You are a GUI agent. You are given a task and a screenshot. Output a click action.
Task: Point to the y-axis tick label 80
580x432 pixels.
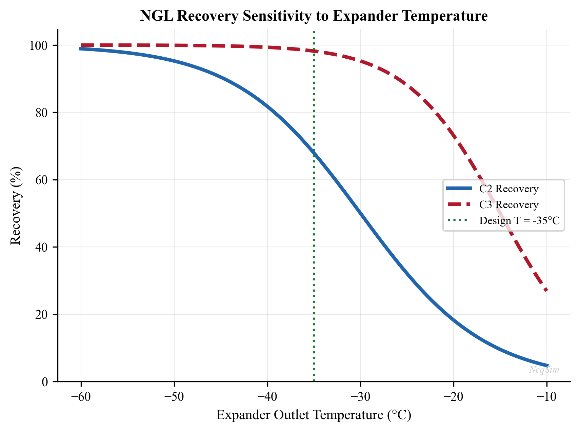click(x=42, y=113)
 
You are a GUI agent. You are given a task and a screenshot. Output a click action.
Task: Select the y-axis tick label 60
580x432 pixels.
click(x=42, y=180)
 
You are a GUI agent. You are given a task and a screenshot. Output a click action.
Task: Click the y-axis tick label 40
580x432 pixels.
click(x=42, y=247)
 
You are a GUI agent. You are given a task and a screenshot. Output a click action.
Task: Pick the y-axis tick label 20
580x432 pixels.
click(x=42, y=314)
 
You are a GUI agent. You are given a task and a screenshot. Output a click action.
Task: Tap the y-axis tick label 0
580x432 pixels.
click(x=45, y=382)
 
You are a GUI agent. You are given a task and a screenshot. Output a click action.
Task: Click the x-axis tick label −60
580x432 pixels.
click(x=81, y=396)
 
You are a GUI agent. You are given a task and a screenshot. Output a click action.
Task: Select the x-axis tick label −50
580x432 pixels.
click(x=174, y=396)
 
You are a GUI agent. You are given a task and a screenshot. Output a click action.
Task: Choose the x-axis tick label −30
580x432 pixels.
click(x=360, y=396)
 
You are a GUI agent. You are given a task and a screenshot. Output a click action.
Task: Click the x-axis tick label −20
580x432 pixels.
click(x=454, y=396)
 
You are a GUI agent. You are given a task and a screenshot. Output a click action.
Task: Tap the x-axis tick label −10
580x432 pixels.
click(x=546, y=396)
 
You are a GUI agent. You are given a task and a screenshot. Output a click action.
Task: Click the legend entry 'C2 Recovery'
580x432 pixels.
click(x=508, y=189)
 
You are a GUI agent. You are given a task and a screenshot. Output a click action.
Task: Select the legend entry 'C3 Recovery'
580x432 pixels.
click(x=508, y=205)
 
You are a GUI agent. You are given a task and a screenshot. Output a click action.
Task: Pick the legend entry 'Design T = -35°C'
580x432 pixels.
click(x=519, y=221)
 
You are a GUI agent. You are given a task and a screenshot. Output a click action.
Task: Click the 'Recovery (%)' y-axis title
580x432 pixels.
click(x=16, y=205)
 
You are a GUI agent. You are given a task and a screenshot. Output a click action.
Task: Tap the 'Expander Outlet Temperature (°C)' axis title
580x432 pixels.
click(x=314, y=415)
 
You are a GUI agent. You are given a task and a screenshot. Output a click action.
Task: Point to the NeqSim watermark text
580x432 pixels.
click(x=544, y=370)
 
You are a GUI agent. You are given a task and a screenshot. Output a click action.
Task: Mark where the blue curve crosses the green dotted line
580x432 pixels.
click(x=314, y=154)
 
